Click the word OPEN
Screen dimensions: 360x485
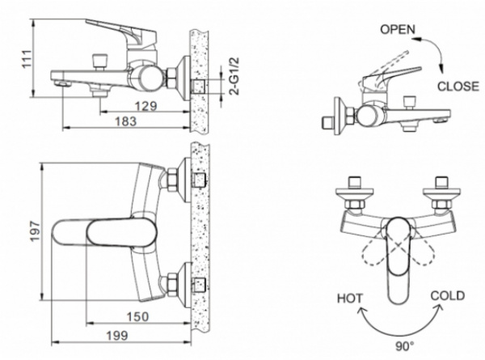tap(398, 29)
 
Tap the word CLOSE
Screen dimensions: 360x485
tap(458, 85)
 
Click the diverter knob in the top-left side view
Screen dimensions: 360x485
tap(102, 61)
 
